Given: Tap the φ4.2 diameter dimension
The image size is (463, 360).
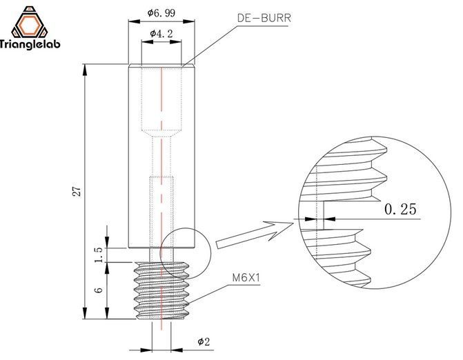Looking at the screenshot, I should point(161,32).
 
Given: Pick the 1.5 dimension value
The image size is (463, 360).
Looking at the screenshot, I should point(99,254).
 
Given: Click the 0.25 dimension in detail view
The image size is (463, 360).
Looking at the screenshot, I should point(400,209).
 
